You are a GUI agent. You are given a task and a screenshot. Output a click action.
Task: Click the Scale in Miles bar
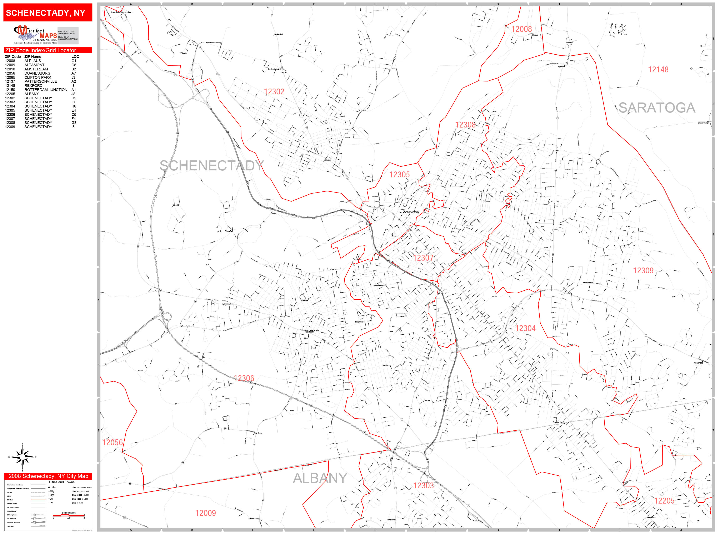tap(69, 515)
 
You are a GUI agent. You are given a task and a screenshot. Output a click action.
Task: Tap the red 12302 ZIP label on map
tap(274, 92)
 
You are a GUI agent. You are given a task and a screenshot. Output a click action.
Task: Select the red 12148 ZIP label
tap(658, 70)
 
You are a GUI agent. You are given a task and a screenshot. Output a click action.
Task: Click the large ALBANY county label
tap(320, 478)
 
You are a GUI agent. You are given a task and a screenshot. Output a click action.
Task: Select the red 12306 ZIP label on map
tap(244, 378)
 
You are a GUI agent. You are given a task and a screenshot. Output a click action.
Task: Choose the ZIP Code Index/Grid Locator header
tap(41, 50)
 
